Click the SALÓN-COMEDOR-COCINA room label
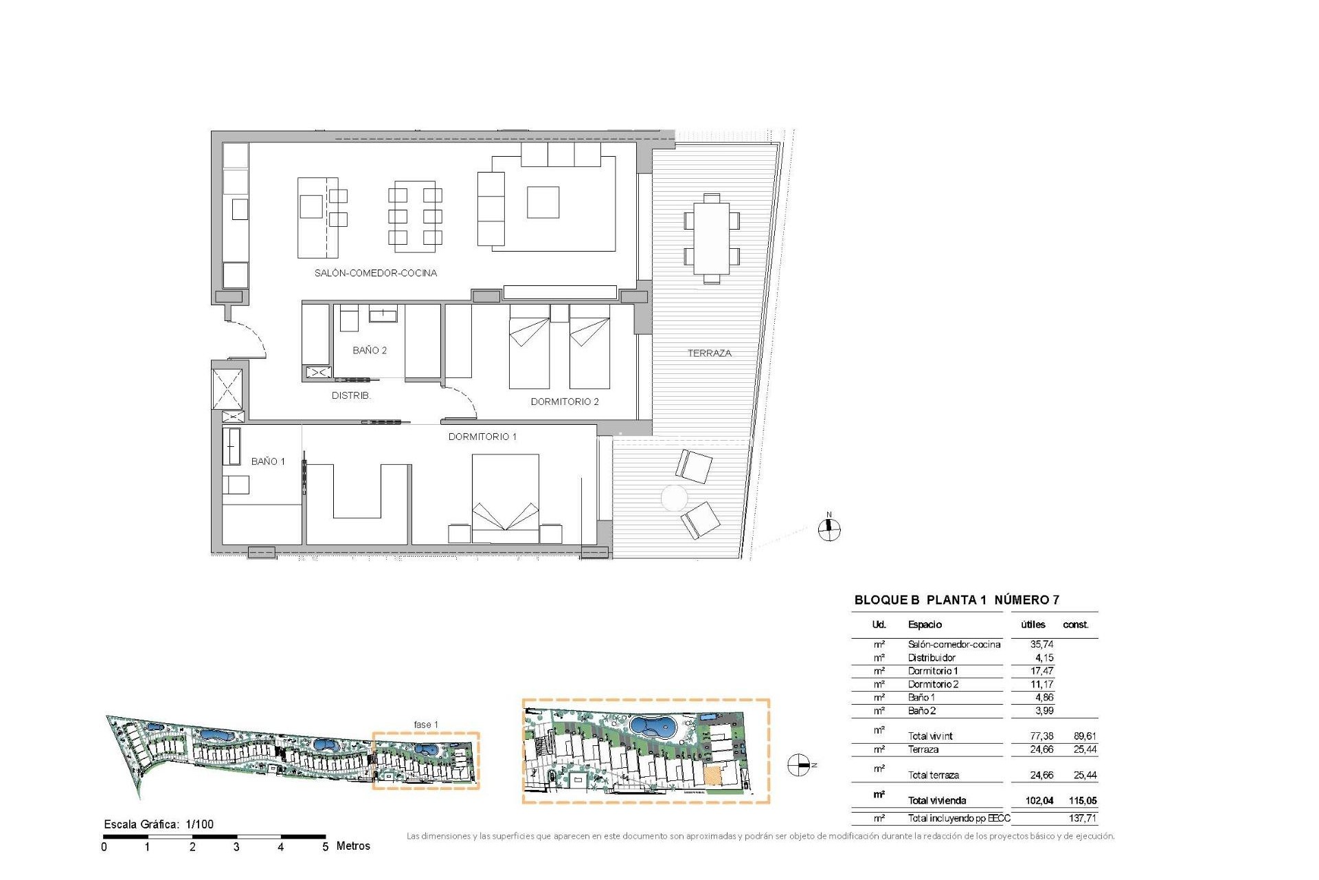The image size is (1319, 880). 375,273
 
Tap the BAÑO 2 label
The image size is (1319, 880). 370,350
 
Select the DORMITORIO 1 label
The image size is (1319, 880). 482,437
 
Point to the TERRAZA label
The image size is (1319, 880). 709,353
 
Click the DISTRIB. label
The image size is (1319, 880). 351,395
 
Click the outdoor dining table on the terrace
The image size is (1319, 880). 712,238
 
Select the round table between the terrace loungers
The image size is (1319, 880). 674,498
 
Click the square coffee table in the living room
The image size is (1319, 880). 543,202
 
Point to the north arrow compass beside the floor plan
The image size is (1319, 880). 829,528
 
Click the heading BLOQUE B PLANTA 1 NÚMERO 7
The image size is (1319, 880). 956,599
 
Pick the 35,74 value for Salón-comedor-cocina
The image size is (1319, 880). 1041,644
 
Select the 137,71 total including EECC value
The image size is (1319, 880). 1083,818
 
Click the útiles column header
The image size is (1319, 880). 1033,624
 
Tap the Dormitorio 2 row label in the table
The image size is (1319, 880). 933,684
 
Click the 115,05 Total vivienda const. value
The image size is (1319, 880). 1083,800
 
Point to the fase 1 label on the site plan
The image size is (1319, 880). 425,724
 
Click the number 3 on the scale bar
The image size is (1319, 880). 236,847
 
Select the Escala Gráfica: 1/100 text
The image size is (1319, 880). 159,824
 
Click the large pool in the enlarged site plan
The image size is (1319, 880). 653,726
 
